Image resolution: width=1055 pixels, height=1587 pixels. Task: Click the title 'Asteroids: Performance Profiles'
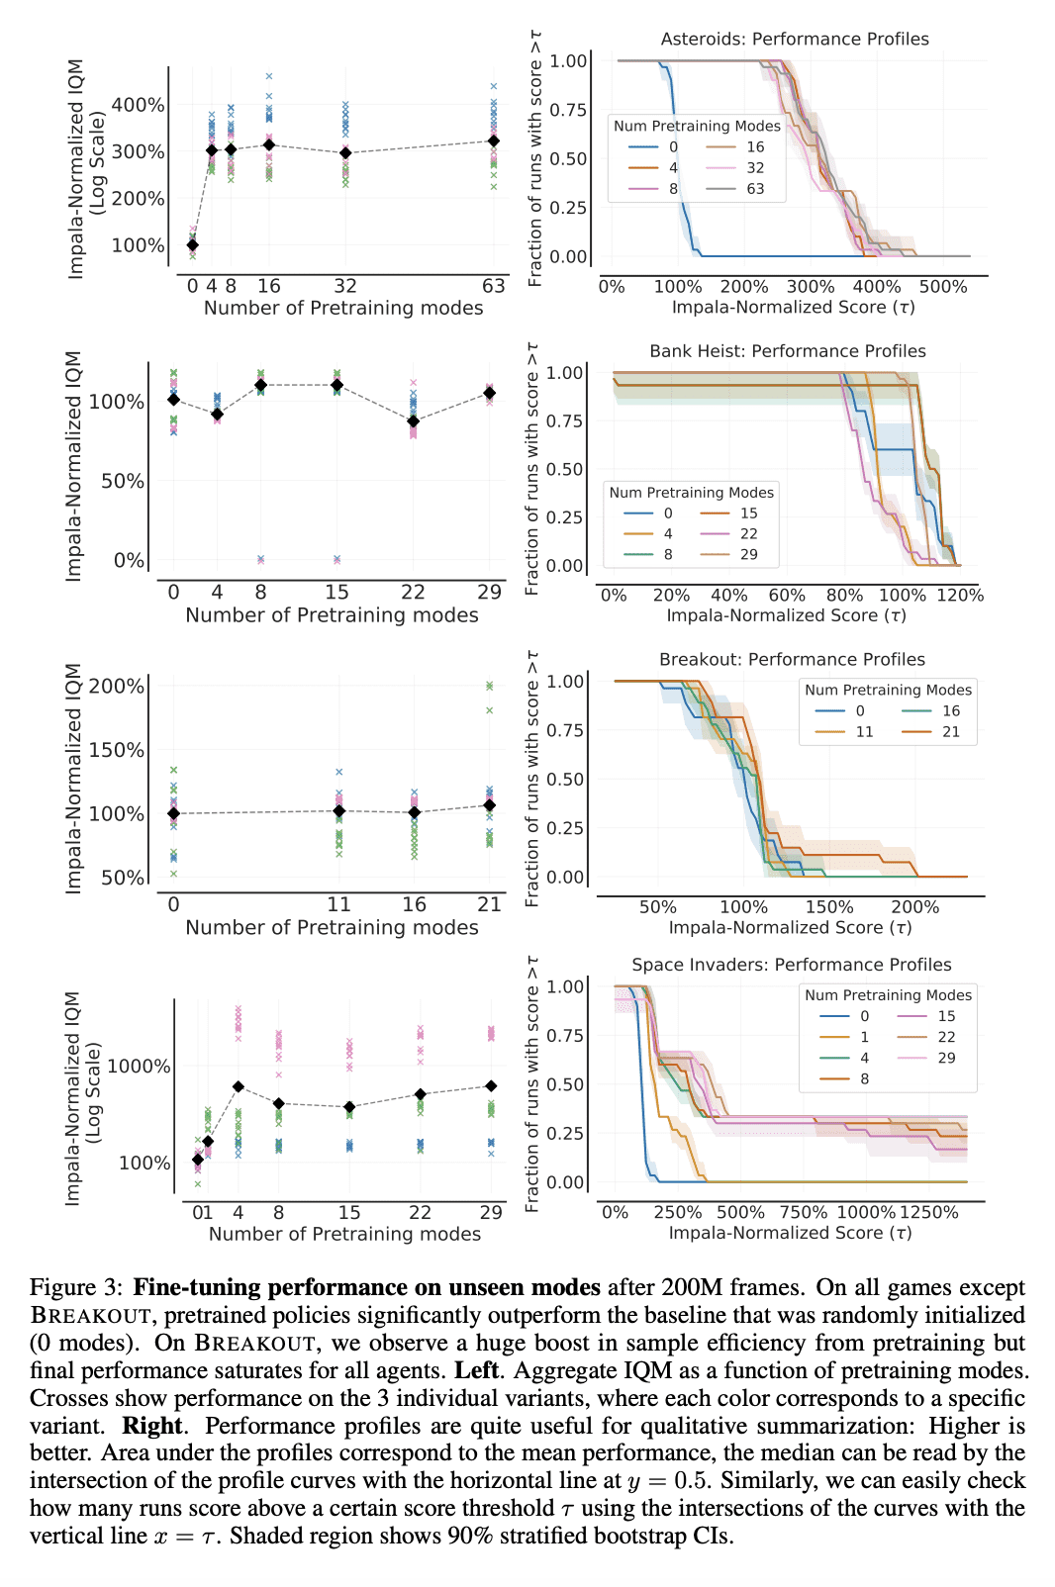click(x=795, y=39)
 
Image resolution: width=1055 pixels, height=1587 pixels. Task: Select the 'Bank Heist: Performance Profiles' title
click(x=787, y=350)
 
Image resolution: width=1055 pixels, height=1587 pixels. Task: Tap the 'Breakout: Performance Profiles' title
click(x=792, y=659)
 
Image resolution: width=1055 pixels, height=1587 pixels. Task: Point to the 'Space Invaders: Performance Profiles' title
click(x=791, y=965)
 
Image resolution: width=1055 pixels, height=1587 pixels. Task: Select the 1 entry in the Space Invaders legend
click(x=844, y=1037)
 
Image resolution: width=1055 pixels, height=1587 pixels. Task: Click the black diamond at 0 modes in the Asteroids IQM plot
click(x=192, y=245)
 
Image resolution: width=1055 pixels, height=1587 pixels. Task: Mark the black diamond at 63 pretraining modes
click(x=494, y=140)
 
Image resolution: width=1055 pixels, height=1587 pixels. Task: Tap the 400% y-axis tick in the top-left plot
click(x=138, y=105)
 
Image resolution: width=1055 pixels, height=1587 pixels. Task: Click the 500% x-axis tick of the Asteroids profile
click(x=943, y=287)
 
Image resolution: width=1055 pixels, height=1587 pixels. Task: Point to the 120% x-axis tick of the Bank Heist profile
click(x=960, y=596)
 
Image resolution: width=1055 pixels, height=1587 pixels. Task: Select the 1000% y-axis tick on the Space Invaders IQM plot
click(x=139, y=1067)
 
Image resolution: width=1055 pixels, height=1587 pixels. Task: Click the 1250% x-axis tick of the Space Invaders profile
click(x=928, y=1212)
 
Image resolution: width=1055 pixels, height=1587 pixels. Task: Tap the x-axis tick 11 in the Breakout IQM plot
click(x=338, y=904)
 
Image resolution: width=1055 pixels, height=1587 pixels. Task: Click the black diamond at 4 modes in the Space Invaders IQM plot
click(x=239, y=1086)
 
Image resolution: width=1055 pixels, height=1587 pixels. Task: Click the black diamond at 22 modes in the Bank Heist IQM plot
click(x=413, y=420)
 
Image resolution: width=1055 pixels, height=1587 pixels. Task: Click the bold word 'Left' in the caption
click(x=476, y=1370)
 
